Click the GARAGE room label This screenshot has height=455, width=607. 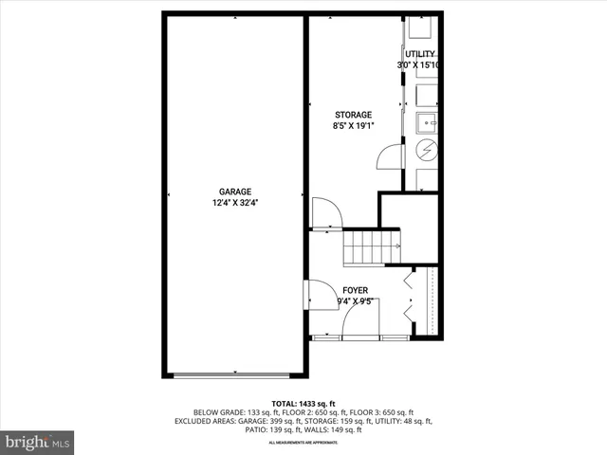coord(235,191)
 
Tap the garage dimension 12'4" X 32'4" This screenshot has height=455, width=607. coord(235,202)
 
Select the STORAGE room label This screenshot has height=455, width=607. coord(353,115)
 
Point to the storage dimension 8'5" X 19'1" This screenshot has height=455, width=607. coord(353,126)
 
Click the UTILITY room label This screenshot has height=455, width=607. coord(420,54)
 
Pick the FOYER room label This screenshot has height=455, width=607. coord(355,291)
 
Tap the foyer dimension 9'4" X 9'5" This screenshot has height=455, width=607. coord(355,302)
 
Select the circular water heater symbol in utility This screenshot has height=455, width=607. coord(427,149)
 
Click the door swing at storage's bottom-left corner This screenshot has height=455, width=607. coord(325,213)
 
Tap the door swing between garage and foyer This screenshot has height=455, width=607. coord(313,295)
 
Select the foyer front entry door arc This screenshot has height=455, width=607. coord(360,318)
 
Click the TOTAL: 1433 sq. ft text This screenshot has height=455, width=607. coord(303,403)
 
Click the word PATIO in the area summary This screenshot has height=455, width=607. coord(257,430)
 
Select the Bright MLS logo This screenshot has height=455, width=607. coord(38,442)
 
